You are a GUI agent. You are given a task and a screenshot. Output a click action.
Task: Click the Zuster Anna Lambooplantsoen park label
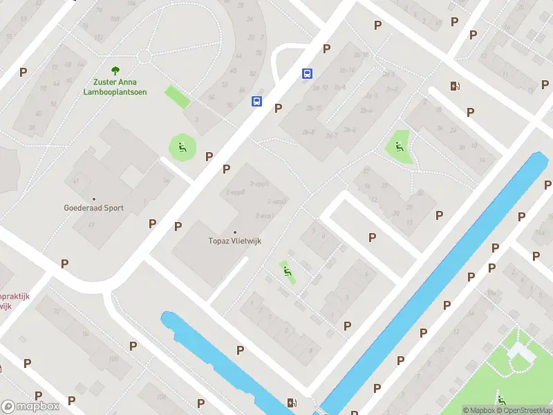[115, 87]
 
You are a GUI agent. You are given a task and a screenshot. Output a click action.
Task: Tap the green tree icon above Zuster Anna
[115, 70]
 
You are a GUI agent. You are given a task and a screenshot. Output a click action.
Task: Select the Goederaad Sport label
[93, 207]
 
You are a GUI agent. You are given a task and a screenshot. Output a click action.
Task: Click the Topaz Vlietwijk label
[235, 241]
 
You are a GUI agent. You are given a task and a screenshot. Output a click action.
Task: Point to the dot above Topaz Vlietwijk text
[235, 232]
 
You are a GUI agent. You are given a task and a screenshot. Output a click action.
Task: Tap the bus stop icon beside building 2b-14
[307, 73]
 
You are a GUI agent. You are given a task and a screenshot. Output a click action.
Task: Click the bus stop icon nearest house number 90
[256, 101]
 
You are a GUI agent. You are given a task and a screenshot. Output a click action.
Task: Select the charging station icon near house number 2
[455, 86]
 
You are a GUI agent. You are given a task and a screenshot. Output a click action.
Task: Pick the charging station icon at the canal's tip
[293, 403]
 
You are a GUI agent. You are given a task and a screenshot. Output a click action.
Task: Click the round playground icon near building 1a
[182, 146]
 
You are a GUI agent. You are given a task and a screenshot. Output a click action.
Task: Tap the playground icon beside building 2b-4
[399, 146]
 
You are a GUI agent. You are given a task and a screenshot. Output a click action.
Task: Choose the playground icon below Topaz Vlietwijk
[286, 270]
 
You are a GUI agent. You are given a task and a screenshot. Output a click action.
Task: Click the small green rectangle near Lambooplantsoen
[177, 96]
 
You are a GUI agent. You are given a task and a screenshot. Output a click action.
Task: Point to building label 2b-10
[315, 108]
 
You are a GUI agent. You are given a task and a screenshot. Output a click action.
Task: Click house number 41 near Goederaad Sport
[76, 180]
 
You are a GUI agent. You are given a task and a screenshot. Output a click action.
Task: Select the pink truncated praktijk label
[14, 296]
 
